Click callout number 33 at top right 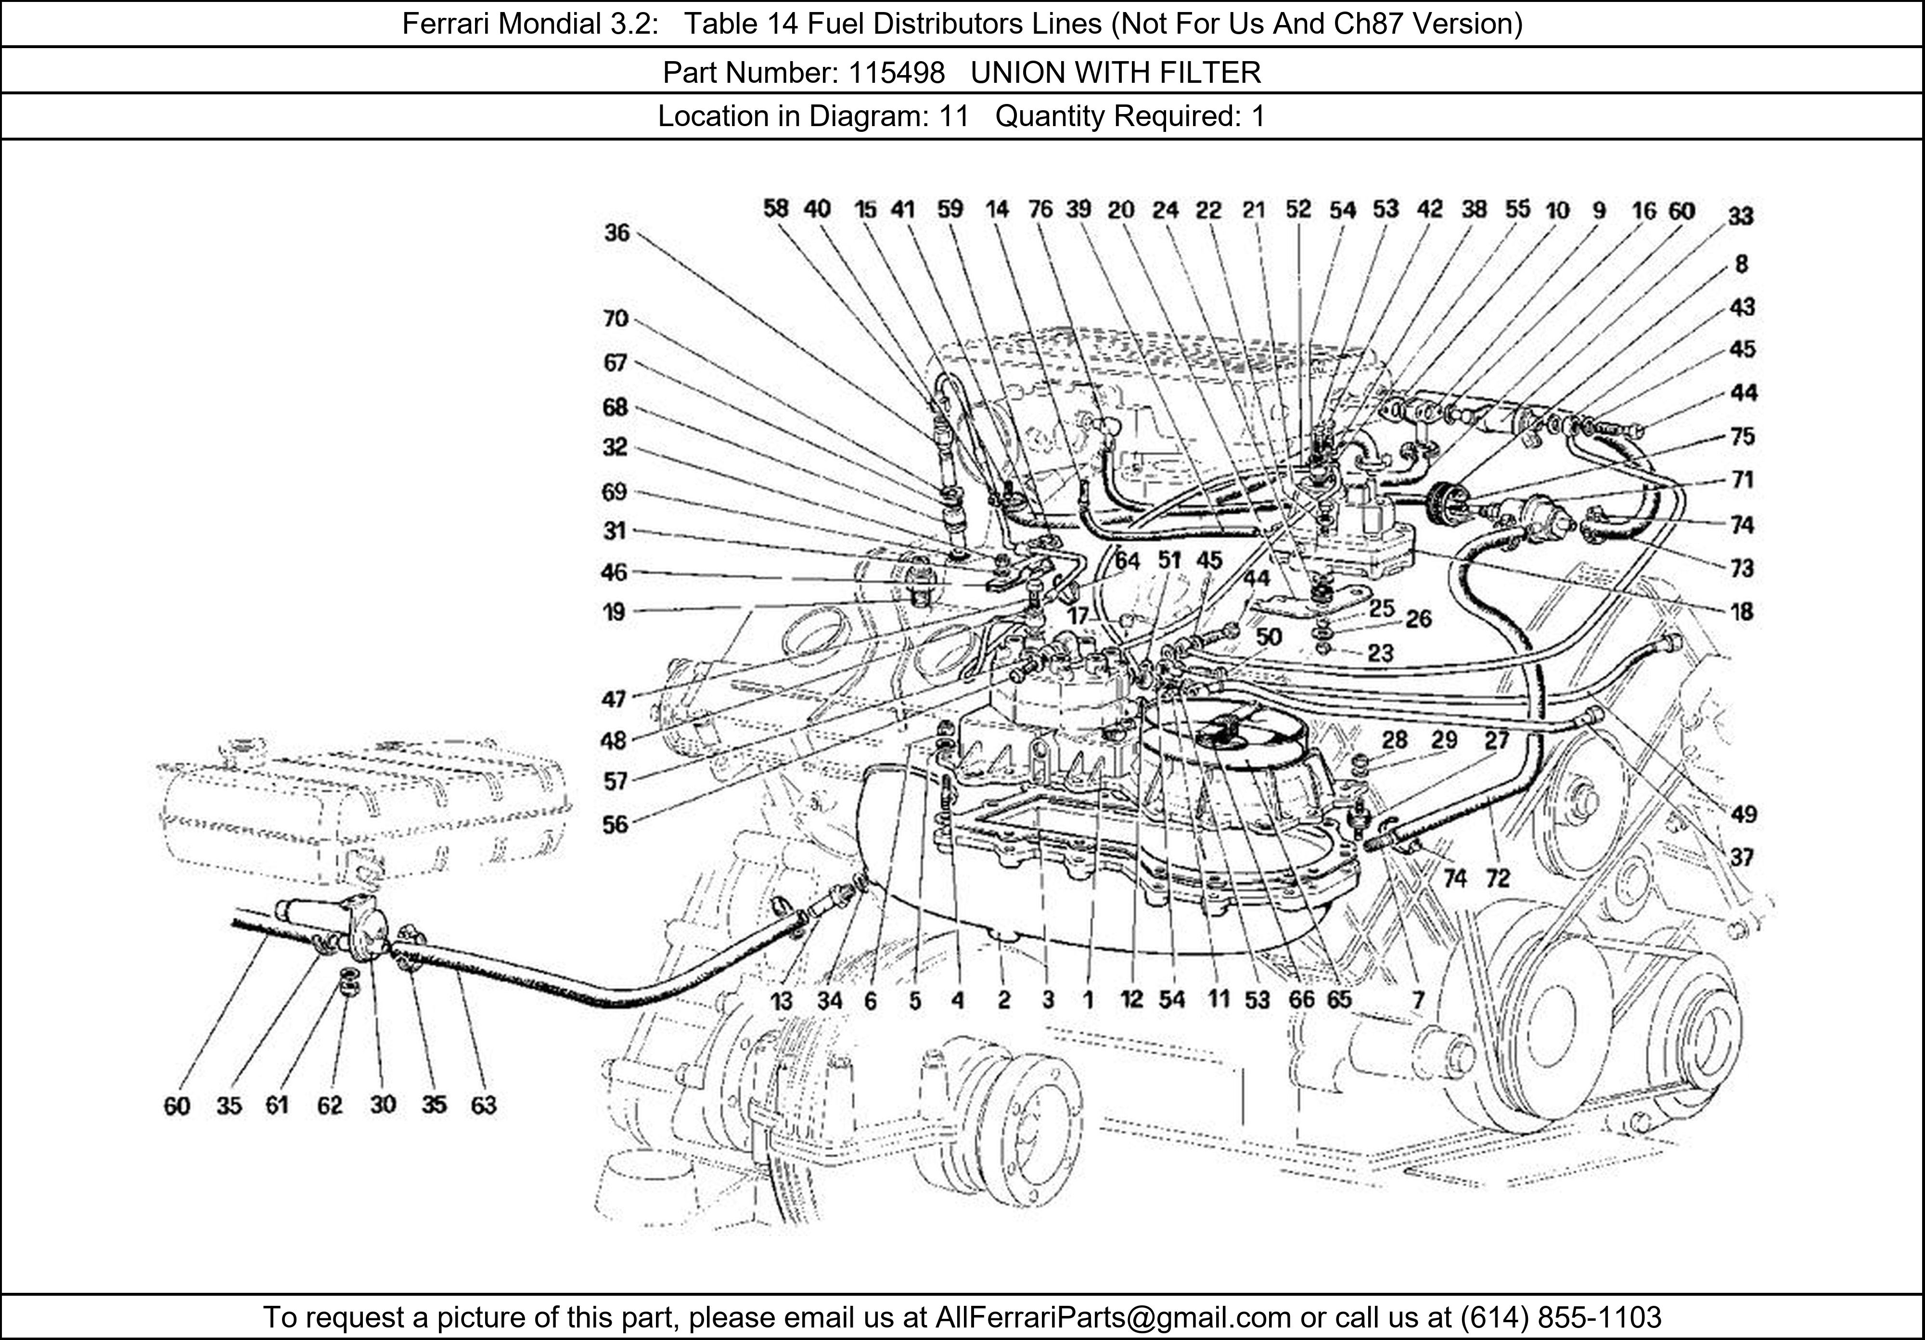(x=1741, y=216)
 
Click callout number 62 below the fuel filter (x=330, y=1105)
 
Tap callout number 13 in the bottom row (x=782, y=1000)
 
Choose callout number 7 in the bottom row (x=1418, y=1000)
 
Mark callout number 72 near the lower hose (x=1497, y=878)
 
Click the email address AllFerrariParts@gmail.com (x=1113, y=1317)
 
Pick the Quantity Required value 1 (x=1258, y=116)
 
